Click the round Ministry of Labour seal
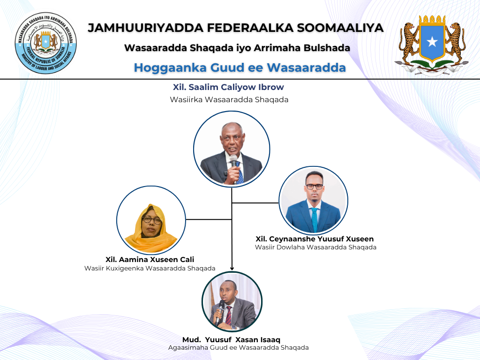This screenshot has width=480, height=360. tap(46, 43)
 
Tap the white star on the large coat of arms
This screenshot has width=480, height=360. tap(432, 41)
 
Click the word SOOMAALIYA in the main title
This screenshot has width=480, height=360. tap(340, 28)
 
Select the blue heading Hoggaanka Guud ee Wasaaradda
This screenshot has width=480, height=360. tap(240, 67)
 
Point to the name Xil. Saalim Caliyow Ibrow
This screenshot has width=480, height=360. tap(228, 87)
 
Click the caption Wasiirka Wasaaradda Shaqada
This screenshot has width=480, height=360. tap(229, 99)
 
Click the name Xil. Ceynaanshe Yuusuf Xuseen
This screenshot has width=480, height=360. tap(315, 239)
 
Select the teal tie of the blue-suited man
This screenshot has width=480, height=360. tap(315, 219)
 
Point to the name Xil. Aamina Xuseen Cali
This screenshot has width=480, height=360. tap(150, 260)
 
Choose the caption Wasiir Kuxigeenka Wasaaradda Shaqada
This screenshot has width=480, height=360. tap(150, 269)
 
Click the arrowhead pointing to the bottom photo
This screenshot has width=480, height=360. tap(232, 268)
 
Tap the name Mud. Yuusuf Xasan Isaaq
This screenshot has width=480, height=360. tap(231, 339)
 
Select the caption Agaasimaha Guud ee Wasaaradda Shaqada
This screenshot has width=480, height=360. tap(239, 348)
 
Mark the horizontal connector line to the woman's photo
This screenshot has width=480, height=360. tap(209, 219)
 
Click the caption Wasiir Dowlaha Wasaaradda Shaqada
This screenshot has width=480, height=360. tap(315, 247)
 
